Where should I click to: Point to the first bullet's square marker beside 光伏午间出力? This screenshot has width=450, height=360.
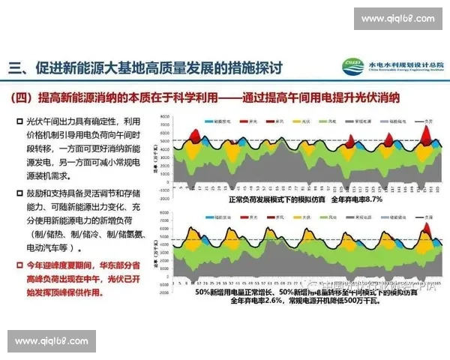pyautogui.click(x=19, y=121)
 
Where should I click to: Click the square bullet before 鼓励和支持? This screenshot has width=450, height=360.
pyautogui.click(x=19, y=193)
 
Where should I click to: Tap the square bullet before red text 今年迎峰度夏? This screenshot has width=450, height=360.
pyautogui.click(x=19, y=265)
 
